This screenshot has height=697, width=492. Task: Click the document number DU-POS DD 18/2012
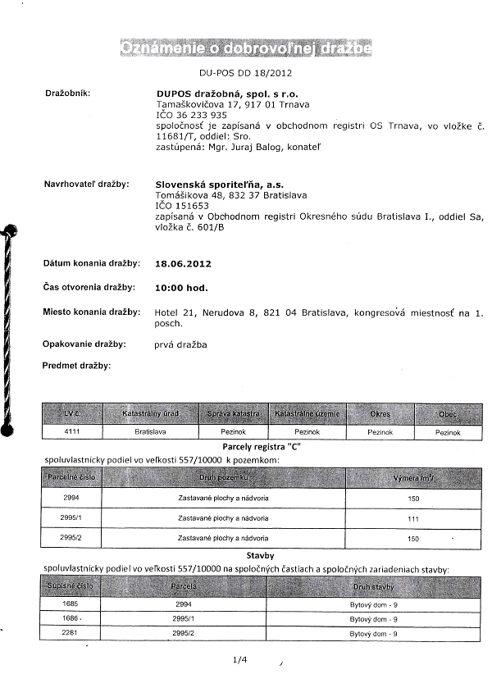pyautogui.click(x=245, y=73)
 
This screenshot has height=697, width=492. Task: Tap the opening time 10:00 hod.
pyautogui.click(x=181, y=288)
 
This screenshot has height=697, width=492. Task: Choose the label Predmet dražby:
pyautogui.click(x=76, y=365)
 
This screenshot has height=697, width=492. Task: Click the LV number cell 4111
pyautogui.click(x=71, y=430)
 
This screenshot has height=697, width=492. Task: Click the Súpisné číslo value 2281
pyautogui.click(x=70, y=634)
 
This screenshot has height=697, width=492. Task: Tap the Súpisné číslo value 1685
pyautogui.click(x=70, y=603)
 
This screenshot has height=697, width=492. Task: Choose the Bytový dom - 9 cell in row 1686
pyautogui.click(x=374, y=618)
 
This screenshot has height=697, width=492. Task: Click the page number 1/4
pyautogui.click(x=240, y=658)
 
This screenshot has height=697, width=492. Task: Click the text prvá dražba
pyautogui.click(x=180, y=344)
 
